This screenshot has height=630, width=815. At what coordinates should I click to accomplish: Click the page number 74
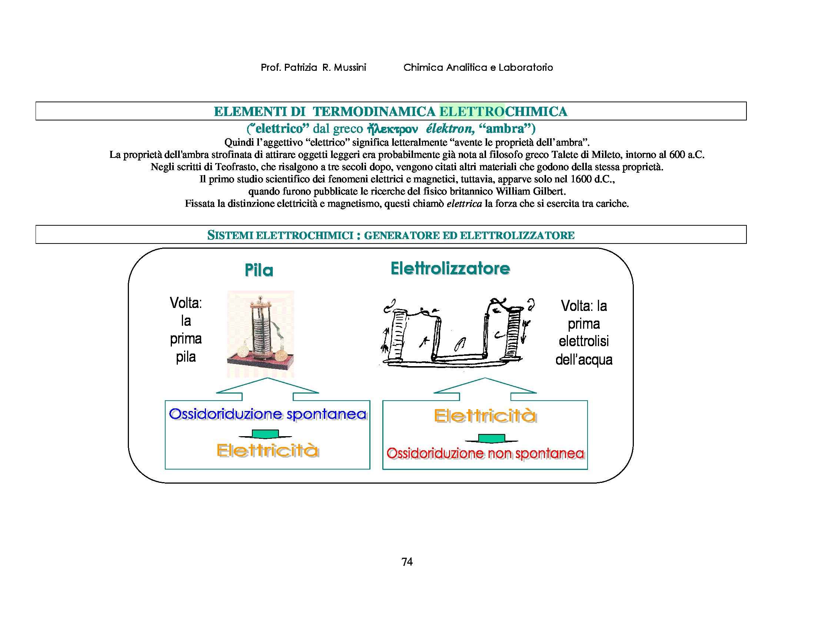407,562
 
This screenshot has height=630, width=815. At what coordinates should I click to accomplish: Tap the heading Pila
259,270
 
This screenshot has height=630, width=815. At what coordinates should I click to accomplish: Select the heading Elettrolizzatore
450,268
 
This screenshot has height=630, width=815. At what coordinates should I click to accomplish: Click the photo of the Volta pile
260,334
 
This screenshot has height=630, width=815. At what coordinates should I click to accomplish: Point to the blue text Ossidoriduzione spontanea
267,414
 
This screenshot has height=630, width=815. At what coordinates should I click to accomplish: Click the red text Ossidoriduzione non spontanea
485,454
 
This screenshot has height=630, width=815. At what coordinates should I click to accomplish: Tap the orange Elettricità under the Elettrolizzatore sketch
485,416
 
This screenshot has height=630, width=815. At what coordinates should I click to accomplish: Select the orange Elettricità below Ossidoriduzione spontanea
267,450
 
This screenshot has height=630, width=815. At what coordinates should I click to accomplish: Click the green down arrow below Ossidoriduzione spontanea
265,434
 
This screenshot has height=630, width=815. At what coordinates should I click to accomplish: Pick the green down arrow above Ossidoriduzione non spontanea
492,438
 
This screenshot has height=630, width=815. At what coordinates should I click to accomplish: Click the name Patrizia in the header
300,67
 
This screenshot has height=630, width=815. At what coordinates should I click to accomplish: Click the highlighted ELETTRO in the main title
472,111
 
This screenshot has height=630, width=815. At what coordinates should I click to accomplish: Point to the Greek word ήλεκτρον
392,129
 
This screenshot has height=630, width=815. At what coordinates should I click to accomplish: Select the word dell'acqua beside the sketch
583,359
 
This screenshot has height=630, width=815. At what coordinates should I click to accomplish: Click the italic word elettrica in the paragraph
464,204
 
